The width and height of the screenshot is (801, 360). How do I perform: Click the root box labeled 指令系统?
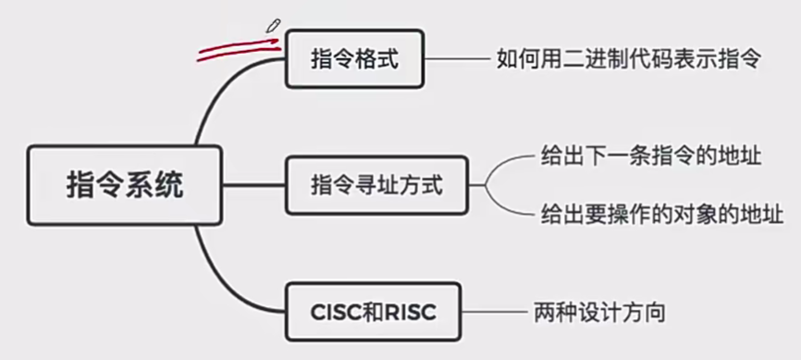125,184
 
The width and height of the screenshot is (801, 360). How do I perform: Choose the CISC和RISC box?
372,312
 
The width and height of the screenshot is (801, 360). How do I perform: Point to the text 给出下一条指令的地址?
651,155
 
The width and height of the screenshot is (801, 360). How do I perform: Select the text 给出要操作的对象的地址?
662,216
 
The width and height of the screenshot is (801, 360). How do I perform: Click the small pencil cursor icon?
273,25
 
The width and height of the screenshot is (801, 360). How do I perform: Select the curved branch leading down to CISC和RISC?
217,273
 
